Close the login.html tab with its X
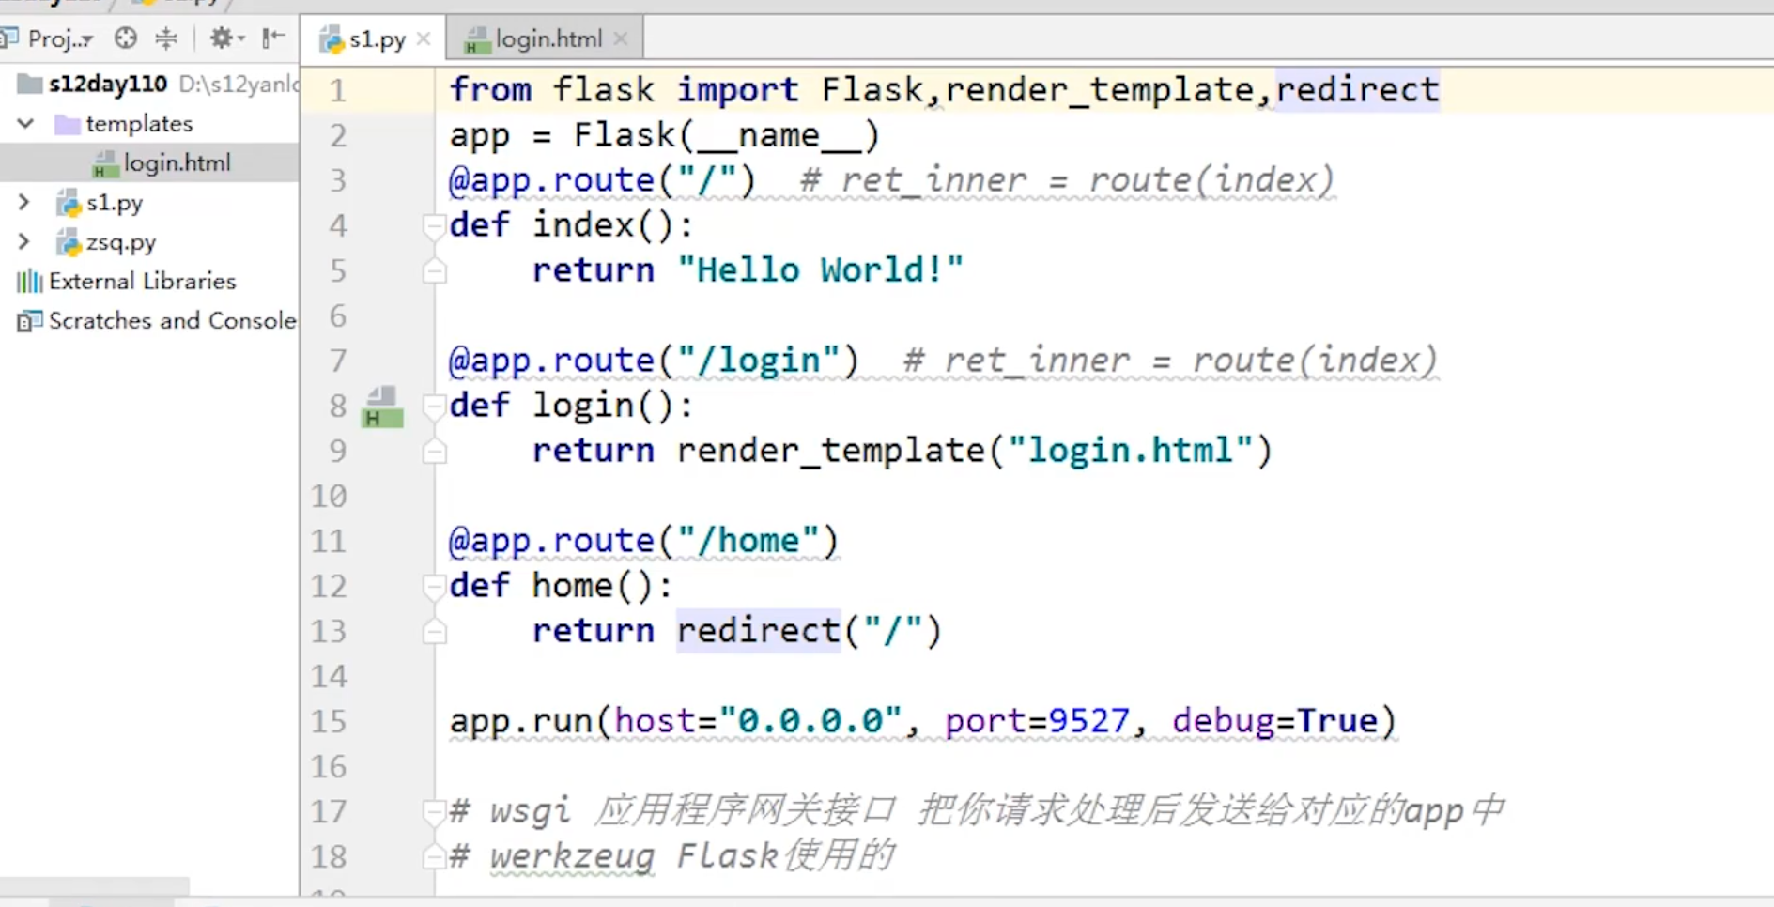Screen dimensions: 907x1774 [621, 38]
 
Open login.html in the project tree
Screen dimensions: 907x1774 [176, 163]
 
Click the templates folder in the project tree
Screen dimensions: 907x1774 [138, 124]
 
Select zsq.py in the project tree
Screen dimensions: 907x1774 [120, 242]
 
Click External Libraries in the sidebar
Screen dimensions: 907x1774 [142, 282]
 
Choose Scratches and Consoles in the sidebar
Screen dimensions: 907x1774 [171, 321]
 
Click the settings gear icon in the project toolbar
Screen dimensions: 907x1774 [222, 38]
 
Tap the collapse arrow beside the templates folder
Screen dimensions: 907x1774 [26, 124]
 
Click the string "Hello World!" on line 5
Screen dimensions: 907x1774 [820, 270]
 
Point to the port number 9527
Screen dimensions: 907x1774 [1088, 721]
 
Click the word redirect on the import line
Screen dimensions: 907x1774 [1357, 90]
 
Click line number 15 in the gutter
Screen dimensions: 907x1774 [329, 721]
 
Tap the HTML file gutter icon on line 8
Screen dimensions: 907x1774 [382, 407]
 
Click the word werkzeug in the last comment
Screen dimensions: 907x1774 [572, 856]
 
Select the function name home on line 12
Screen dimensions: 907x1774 [572, 586]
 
